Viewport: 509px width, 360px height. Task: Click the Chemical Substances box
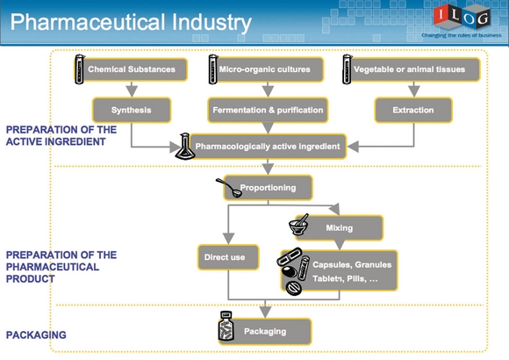[x=133, y=69]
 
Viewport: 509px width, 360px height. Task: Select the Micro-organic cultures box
[x=268, y=69]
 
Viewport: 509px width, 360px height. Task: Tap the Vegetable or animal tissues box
[x=414, y=69]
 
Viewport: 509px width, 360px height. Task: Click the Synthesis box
[x=132, y=110]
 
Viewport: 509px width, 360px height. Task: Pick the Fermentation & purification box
[x=268, y=110]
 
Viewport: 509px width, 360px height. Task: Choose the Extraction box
[x=413, y=110]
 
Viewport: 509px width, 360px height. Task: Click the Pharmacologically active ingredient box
[x=268, y=147]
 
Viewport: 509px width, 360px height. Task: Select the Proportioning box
[x=268, y=188]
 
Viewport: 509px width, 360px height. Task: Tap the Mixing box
[x=340, y=227]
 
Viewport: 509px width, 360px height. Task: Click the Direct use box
[x=228, y=257]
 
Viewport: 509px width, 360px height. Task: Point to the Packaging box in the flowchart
[x=265, y=331]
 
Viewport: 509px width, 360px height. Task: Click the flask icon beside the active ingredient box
[x=185, y=147]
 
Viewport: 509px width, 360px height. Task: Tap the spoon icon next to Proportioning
[x=229, y=188]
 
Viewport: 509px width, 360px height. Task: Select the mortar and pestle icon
[x=298, y=225]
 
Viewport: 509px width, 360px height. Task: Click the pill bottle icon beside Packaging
[x=226, y=327]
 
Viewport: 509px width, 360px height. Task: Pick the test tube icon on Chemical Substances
[x=80, y=69]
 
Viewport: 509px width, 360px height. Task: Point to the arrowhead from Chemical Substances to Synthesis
[x=132, y=91]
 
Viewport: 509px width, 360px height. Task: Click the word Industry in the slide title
[x=211, y=22]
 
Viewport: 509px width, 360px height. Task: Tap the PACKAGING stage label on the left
[x=36, y=335]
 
